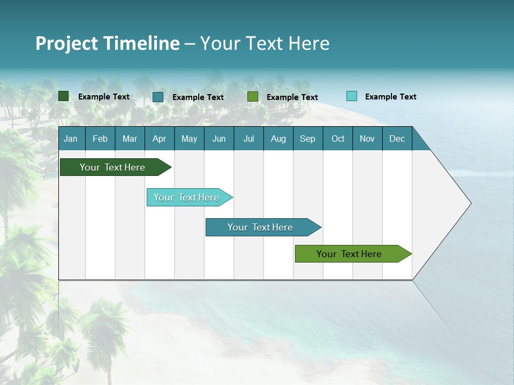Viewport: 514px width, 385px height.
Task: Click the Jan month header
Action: point(71,138)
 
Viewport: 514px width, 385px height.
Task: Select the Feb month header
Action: point(100,138)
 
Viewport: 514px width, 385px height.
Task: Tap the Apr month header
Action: point(159,138)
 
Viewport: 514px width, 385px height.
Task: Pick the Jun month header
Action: point(219,138)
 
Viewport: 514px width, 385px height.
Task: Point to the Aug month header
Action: point(278,138)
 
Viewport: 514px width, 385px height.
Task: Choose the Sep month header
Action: point(307,138)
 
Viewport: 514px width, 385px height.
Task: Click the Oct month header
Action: point(338,138)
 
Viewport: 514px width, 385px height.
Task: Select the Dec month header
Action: point(397,138)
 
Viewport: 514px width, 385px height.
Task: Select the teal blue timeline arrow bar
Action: point(261,227)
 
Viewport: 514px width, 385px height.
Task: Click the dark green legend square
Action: point(64,96)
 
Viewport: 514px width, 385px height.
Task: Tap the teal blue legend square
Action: point(158,97)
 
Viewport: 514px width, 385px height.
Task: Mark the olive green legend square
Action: point(253,97)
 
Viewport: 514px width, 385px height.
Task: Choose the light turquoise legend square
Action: point(352,96)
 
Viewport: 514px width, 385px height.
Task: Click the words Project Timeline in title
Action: point(107,43)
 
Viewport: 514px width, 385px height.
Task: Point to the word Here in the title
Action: point(309,43)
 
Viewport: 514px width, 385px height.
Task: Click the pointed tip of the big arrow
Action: point(470,203)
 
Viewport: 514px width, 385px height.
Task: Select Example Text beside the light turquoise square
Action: point(390,97)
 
